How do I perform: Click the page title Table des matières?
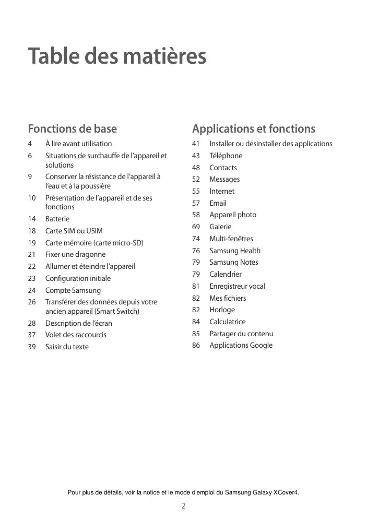point(117,56)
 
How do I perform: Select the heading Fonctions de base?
point(72,128)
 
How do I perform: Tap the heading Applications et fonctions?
point(253,128)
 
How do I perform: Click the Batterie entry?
point(57,219)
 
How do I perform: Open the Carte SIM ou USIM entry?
point(74,231)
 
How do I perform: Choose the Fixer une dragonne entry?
point(75,254)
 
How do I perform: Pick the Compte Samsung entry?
point(73,290)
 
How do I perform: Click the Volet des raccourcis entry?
point(76,335)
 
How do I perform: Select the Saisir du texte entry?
point(67,347)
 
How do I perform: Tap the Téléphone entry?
point(226,156)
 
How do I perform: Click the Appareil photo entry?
point(233,215)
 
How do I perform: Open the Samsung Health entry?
point(235,251)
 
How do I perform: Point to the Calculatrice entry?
point(227,322)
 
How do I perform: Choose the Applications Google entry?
point(241,345)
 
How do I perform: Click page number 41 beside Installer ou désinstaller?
point(196,144)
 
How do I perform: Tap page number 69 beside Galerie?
point(196,227)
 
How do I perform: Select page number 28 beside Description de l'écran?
point(32,323)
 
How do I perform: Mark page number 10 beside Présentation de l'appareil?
point(32,198)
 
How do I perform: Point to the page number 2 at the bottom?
point(183,506)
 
